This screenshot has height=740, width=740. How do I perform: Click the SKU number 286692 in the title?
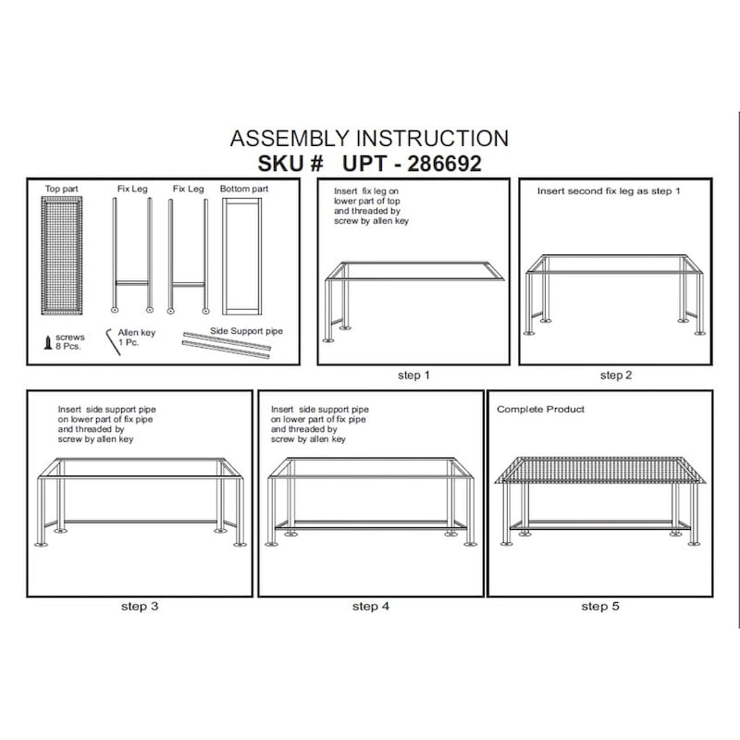tap(444, 164)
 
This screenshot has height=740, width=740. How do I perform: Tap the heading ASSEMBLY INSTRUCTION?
tap(369, 138)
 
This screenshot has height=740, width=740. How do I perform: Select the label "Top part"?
tap(61, 189)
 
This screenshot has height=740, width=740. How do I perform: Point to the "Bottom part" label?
tap(244, 189)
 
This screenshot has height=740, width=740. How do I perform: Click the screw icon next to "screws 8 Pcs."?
tap(48, 342)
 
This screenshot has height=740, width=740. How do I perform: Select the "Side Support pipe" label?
tap(246, 331)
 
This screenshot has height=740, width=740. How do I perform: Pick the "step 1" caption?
tap(413, 376)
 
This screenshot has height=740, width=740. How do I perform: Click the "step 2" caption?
tap(616, 376)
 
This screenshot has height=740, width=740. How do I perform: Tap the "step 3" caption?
tap(140, 607)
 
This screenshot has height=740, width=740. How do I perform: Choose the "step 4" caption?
tap(371, 607)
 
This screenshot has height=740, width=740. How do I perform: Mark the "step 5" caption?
tap(600, 607)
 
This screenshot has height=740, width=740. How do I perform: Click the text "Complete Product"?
tap(540, 409)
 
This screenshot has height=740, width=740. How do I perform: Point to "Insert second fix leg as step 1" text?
tap(609, 191)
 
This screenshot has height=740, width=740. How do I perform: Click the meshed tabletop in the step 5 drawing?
tap(599, 471)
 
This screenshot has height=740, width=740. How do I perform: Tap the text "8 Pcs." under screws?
tap(68, 346)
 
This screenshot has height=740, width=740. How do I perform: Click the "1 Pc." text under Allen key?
tap(129, 342)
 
